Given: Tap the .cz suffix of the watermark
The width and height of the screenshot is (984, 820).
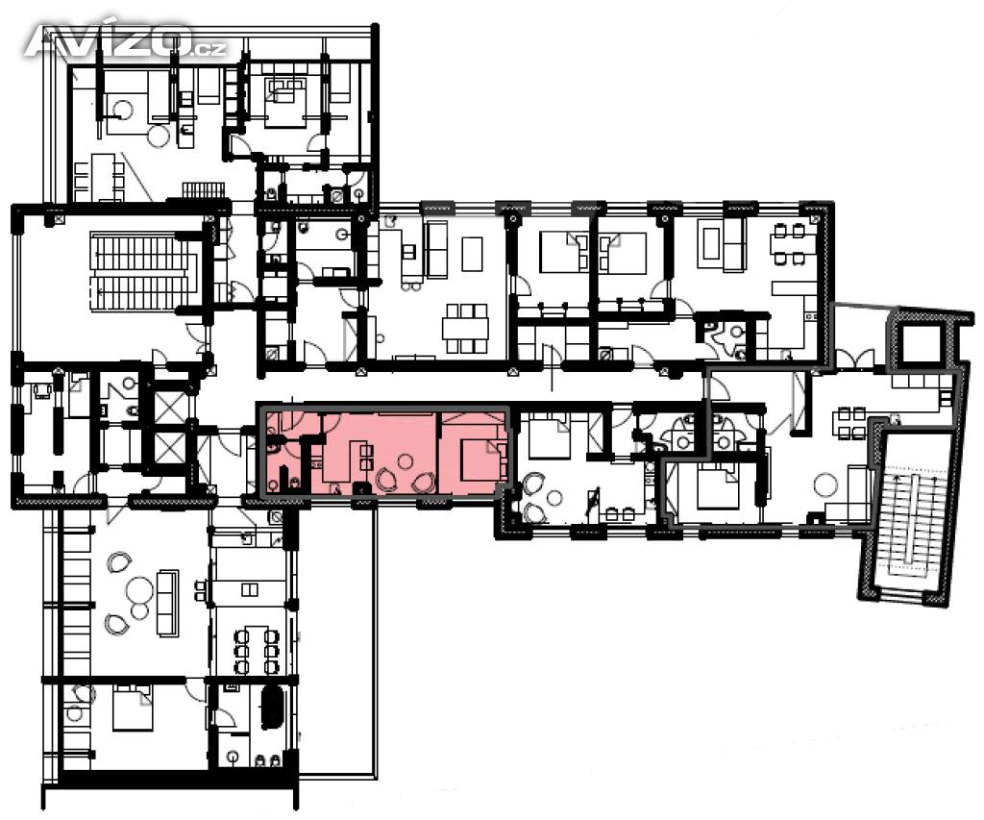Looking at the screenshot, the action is (209, 49).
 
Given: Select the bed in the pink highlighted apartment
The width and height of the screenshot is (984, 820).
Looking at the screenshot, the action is (484, 460).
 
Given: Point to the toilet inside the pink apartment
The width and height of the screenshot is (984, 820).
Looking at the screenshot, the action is (273, 446).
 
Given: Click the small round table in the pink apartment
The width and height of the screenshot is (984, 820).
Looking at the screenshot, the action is (406, 462).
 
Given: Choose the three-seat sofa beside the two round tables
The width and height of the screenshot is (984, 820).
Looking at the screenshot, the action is (167, 603).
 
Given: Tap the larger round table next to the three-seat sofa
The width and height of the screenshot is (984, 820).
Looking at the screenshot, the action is (138, 590).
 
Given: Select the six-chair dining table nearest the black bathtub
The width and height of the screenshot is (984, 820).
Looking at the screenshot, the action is (256, 649).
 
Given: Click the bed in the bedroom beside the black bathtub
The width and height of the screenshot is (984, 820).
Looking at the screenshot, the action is (133, 708).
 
